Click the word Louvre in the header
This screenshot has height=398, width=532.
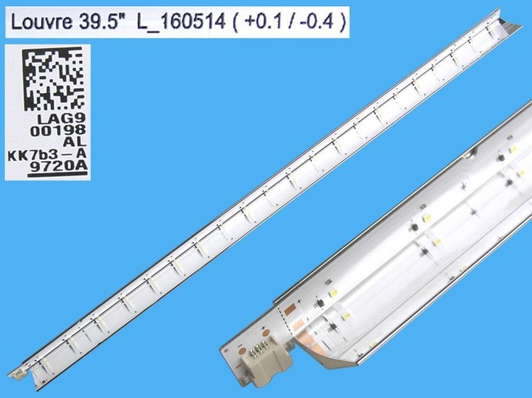coord(41,22)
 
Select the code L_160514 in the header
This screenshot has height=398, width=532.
coord(182,23)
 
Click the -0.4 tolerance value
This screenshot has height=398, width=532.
coord(316,22)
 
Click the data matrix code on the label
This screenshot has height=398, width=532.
coord(52,79)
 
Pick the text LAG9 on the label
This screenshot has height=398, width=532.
coord(61,119)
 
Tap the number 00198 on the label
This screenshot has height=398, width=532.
coord(58,131)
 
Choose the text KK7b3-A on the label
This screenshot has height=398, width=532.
coord(47,155)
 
